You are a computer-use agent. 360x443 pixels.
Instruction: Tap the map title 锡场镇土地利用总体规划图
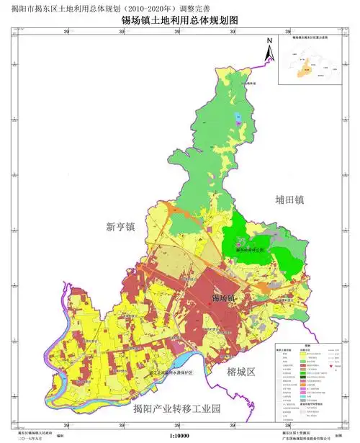point(179,22)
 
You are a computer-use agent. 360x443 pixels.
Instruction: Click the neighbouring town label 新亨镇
point(120,227)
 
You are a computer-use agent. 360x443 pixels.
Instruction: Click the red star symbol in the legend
point(330,367)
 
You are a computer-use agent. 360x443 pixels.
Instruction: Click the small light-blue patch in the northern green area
point(238,117)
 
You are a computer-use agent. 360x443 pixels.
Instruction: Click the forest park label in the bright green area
point(250,250)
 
